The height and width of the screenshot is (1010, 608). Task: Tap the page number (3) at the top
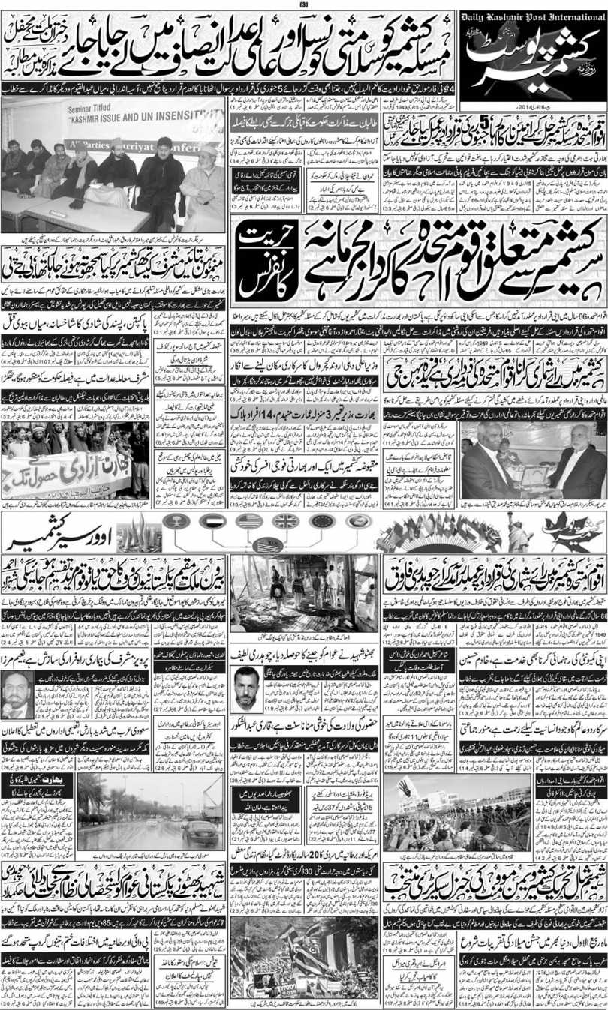303,4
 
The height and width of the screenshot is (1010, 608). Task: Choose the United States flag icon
248,521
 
